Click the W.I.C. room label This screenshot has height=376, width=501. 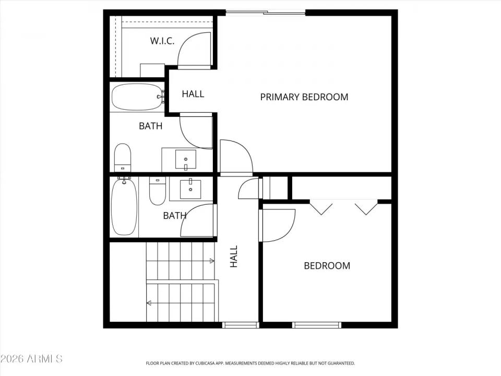(162, 41)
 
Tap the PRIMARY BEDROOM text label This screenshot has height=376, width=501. (304, 97)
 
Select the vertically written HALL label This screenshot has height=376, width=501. (234, 256)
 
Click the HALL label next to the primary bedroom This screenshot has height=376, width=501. (193, 94)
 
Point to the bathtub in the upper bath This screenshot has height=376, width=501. (137, 97)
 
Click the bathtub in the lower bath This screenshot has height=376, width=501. (124, 206)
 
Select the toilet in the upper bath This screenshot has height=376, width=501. (123, 157)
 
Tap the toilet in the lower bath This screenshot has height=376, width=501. (157, 192)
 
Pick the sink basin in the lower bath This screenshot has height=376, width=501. (190, 189)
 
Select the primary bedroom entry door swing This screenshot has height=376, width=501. (235, 157)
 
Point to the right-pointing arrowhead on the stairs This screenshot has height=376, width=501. (212, 261)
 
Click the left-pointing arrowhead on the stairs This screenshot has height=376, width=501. (149, 302)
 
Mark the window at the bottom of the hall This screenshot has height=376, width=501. (241, 325)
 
